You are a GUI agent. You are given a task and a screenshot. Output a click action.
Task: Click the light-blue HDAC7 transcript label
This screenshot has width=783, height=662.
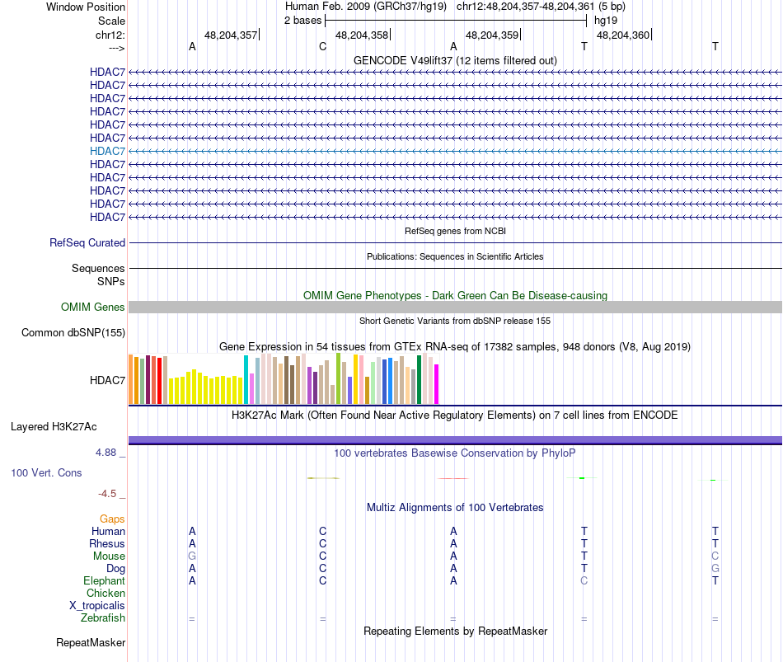tap(108, 151)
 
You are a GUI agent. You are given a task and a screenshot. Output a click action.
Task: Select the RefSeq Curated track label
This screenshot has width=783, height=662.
tap(87, 243)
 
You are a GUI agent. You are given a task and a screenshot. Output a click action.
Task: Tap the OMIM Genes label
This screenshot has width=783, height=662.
tap(93, 308)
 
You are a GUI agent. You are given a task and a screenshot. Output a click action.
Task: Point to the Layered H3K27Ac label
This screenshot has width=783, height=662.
tap(54, 427)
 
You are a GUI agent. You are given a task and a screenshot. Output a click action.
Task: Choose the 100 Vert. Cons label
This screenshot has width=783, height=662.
tap(46, 473)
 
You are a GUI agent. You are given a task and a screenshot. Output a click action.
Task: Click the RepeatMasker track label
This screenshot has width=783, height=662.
tap(91, 643)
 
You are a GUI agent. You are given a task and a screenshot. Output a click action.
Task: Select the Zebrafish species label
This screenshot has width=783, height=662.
tap(103, 618)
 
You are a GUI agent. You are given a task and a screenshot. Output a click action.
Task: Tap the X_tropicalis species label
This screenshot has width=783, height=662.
tap(97, 606)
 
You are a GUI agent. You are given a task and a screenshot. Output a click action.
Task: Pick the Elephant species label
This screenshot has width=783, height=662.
tap(104, 581)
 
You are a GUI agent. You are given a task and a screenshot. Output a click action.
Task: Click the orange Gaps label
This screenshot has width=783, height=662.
tap(112, 519)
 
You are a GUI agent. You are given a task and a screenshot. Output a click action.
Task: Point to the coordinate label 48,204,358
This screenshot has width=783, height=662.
tap(362, 35)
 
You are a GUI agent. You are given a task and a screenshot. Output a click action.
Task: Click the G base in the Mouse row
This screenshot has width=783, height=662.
tap(192, 556)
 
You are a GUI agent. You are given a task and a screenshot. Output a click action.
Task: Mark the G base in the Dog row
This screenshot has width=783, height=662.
tap(715, 569)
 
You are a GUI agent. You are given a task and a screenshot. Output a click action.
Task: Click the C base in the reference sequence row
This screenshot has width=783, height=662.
tap(322, 47)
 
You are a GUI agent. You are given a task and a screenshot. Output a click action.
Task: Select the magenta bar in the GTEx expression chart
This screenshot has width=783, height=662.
tap(436, 384)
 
